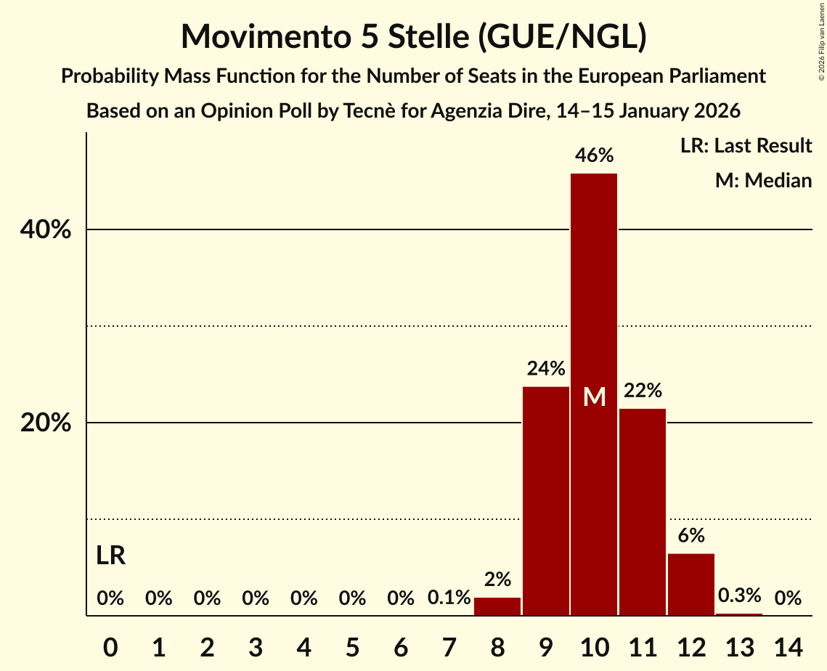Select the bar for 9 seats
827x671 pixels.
(546, 501)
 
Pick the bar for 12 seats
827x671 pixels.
(691, 585)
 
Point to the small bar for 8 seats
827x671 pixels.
(497, 607)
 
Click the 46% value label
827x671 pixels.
(594, 155)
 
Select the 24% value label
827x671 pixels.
(546, 369)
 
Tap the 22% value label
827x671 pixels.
(643, 391)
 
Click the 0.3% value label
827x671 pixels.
(739, 596)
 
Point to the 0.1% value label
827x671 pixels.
(449, 598)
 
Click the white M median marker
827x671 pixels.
(594, 396)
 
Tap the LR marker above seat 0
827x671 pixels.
(110, 556)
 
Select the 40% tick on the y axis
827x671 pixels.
(45, 230)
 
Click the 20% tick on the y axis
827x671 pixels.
(45, 423)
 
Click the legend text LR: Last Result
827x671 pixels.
(746, 146)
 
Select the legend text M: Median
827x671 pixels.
(763, 180)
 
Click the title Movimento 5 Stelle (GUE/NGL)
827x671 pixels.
(413, 36)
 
